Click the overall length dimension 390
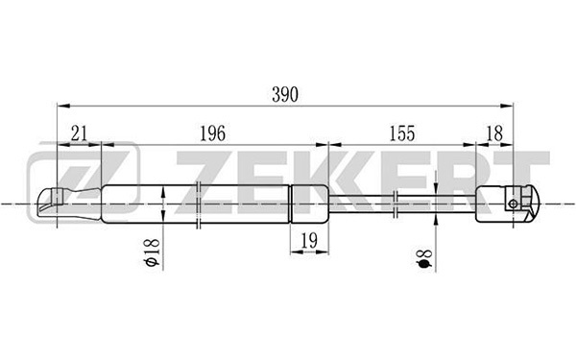(x=285, y=95)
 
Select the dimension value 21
(x=80, y=133)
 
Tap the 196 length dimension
(x=212, y=133)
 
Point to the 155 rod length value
(x=402, y=133)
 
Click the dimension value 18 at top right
(x=494, y=133)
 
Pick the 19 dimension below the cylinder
(x=309, y=241)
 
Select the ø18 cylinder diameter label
(x=152, y=252)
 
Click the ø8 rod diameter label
(x=424, y=258)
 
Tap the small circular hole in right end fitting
(x=514, y=204)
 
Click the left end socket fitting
(x=69, y=204)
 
